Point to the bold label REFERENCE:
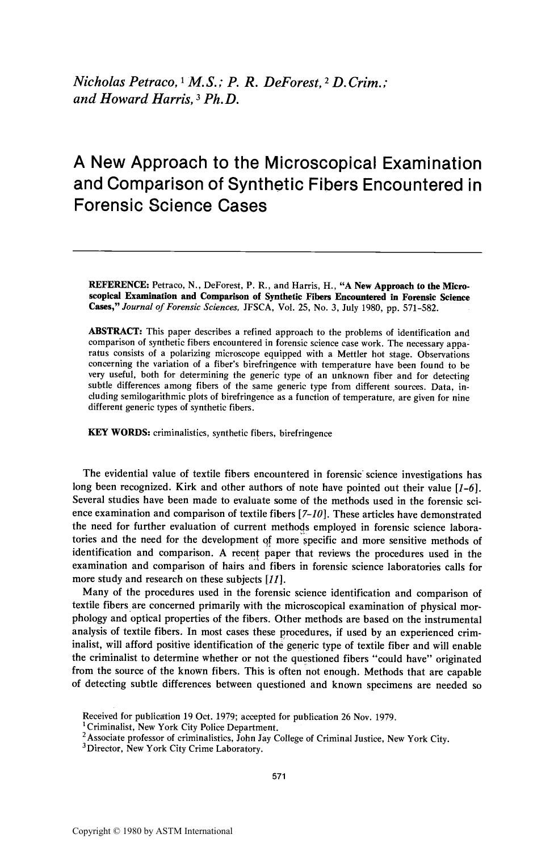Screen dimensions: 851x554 point(119,284)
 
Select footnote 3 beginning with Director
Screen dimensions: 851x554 point(173,749)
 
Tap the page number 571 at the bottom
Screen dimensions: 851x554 point(278,777)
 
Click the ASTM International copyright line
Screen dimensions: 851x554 point(152,831)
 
